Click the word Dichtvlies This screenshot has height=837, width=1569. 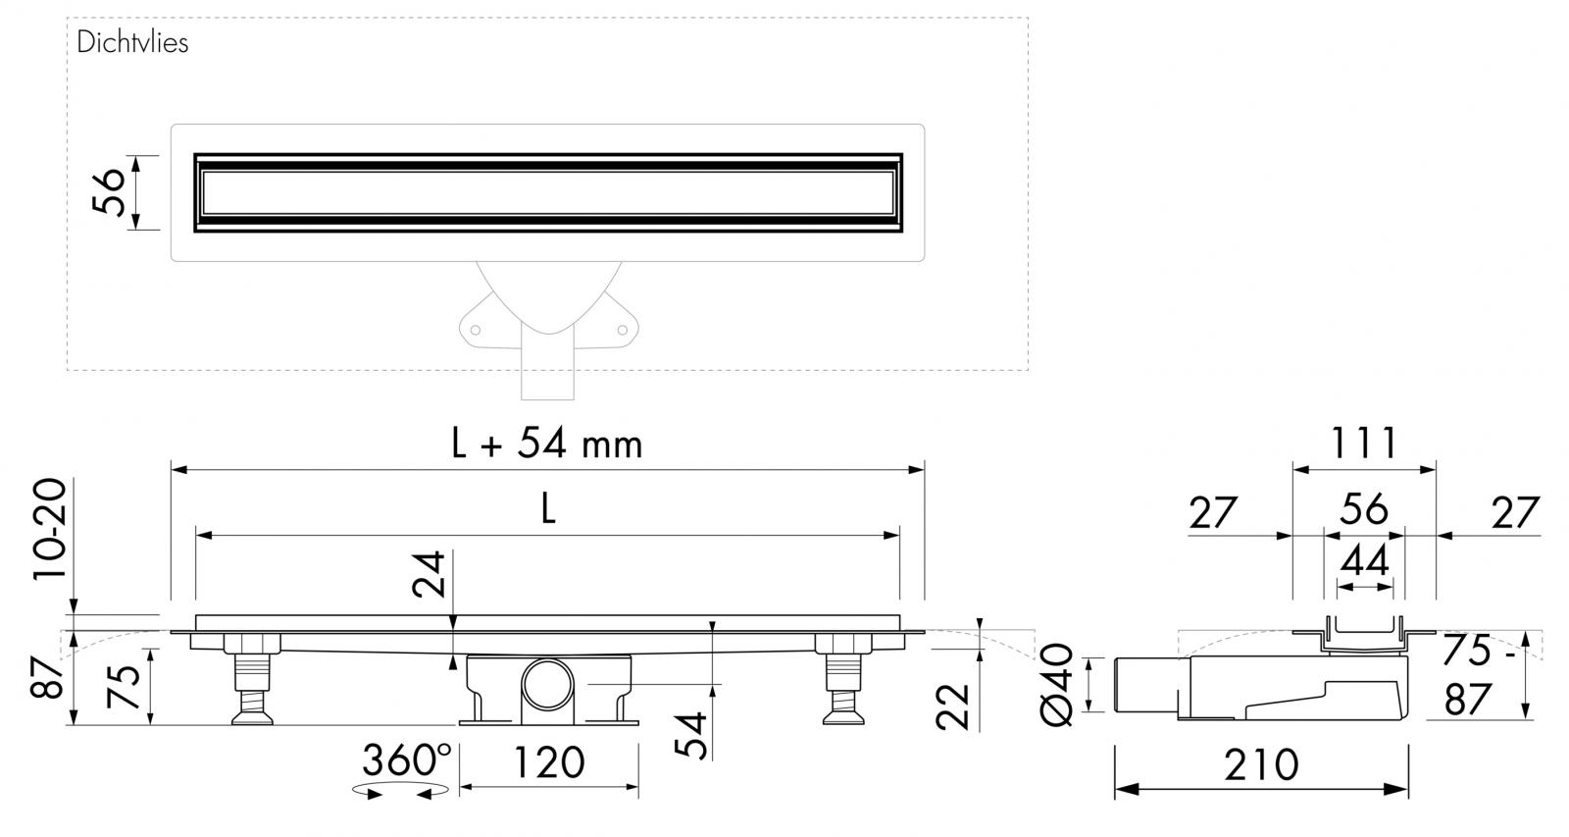tap(132, 43)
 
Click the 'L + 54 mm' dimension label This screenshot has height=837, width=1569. tap(546, 444)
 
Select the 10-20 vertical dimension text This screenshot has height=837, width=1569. tap(51, 530)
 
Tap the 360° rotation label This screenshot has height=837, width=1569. tap(407, 759)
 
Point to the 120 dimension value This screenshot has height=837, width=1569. tap(548, 762)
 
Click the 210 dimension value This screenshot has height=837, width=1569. tap(1261, 764)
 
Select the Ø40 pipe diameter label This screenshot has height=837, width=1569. tap(1060, 686)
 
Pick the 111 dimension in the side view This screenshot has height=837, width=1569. tap(1363, 444)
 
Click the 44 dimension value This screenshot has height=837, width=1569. tap(1364, 561)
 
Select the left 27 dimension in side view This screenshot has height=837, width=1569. tap(1213, 513)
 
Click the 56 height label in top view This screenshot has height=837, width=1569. tap(109, 192)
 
